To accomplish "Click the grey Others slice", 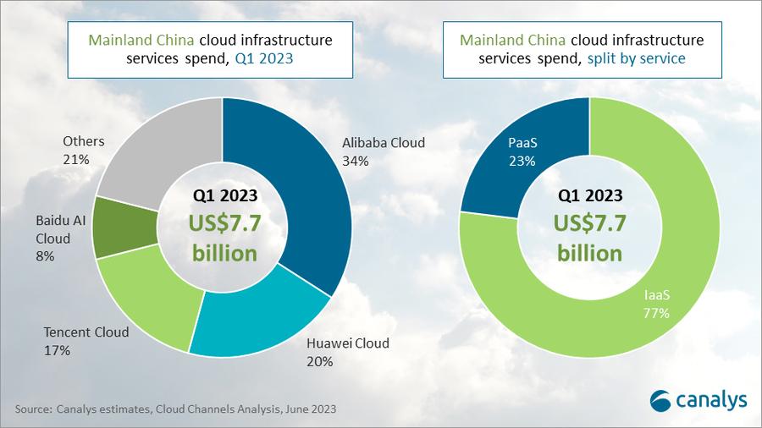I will pyautogui.click(x=152, y=148).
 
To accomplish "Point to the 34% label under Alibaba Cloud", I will pyautogui.click(x=356, y=160).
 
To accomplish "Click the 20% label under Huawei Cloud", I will pyautogui.click(x=319, y=361).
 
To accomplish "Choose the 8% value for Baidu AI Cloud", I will pyautogui.click(x=46, y=255).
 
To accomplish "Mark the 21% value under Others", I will pyautogui.click(x=75, y=158).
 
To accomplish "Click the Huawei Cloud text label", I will pyautogui.click(x=346, y=343).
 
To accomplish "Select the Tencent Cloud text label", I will pyautogui.click(x=86, y=332).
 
